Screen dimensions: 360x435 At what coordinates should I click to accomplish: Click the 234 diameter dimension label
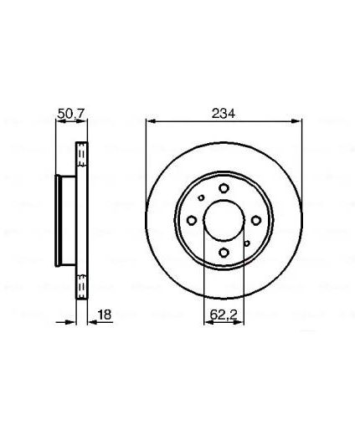(224, 114)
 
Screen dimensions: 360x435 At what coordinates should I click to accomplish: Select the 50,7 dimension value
(72, 113)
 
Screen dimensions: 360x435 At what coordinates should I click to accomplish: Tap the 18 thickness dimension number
(105, 315)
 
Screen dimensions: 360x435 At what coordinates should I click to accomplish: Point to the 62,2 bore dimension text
(224, 315)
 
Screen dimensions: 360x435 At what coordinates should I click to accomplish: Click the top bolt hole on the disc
(224, 188)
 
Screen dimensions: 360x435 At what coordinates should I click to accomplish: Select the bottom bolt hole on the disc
(224, 253)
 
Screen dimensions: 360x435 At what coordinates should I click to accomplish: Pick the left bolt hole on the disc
(192, 221)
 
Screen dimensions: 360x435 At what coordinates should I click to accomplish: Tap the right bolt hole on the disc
(256, 221)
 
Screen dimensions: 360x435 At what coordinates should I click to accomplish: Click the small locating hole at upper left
(201, 197)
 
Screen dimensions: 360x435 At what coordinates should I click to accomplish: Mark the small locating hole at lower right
(247, 243)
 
